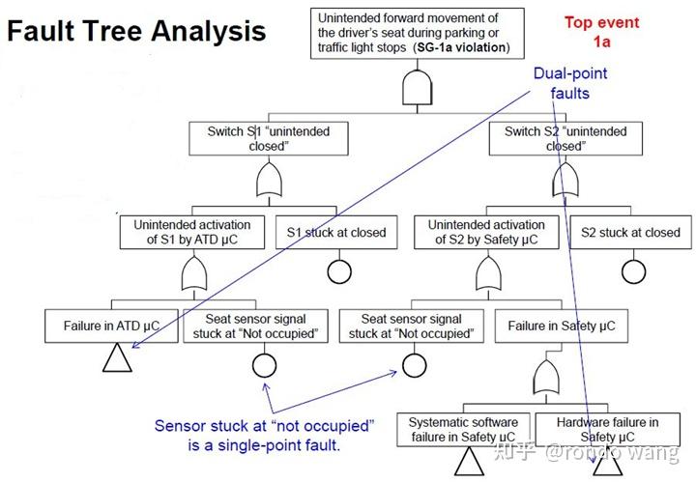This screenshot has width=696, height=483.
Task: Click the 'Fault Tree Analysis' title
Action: [135, 31]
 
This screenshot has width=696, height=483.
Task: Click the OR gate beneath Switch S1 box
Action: [267, 180]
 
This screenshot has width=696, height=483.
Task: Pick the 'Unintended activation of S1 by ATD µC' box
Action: [191, 232]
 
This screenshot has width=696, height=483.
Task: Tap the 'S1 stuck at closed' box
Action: [336, 232]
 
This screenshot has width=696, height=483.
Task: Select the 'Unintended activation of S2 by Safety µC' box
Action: [486, 232]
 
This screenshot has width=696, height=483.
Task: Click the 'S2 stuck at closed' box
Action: [630, 232]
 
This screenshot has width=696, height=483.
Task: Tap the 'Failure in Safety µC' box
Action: [561, 326]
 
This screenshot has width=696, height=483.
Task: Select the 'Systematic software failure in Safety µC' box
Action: [463, 430]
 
